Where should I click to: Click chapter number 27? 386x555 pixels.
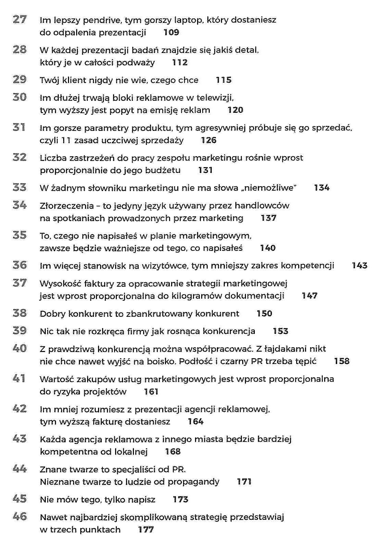[19, 19]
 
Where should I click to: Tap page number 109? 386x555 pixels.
[171, 32]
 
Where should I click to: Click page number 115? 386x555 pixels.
[224, 80]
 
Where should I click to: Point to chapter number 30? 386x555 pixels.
[19, 97]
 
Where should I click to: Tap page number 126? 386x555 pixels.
[209, 140]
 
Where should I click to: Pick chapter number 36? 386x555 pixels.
[19, 265]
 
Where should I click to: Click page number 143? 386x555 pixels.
[359, 266]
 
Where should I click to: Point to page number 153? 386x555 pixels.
[280, 331]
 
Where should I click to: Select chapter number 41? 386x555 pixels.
[19, 378]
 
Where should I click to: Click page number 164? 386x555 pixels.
[195, 421]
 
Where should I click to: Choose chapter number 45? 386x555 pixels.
[19, 499]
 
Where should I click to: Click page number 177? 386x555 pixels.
[146, 530]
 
